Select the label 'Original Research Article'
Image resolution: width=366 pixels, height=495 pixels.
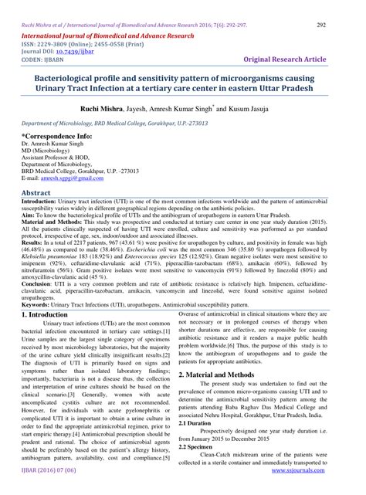300,59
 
